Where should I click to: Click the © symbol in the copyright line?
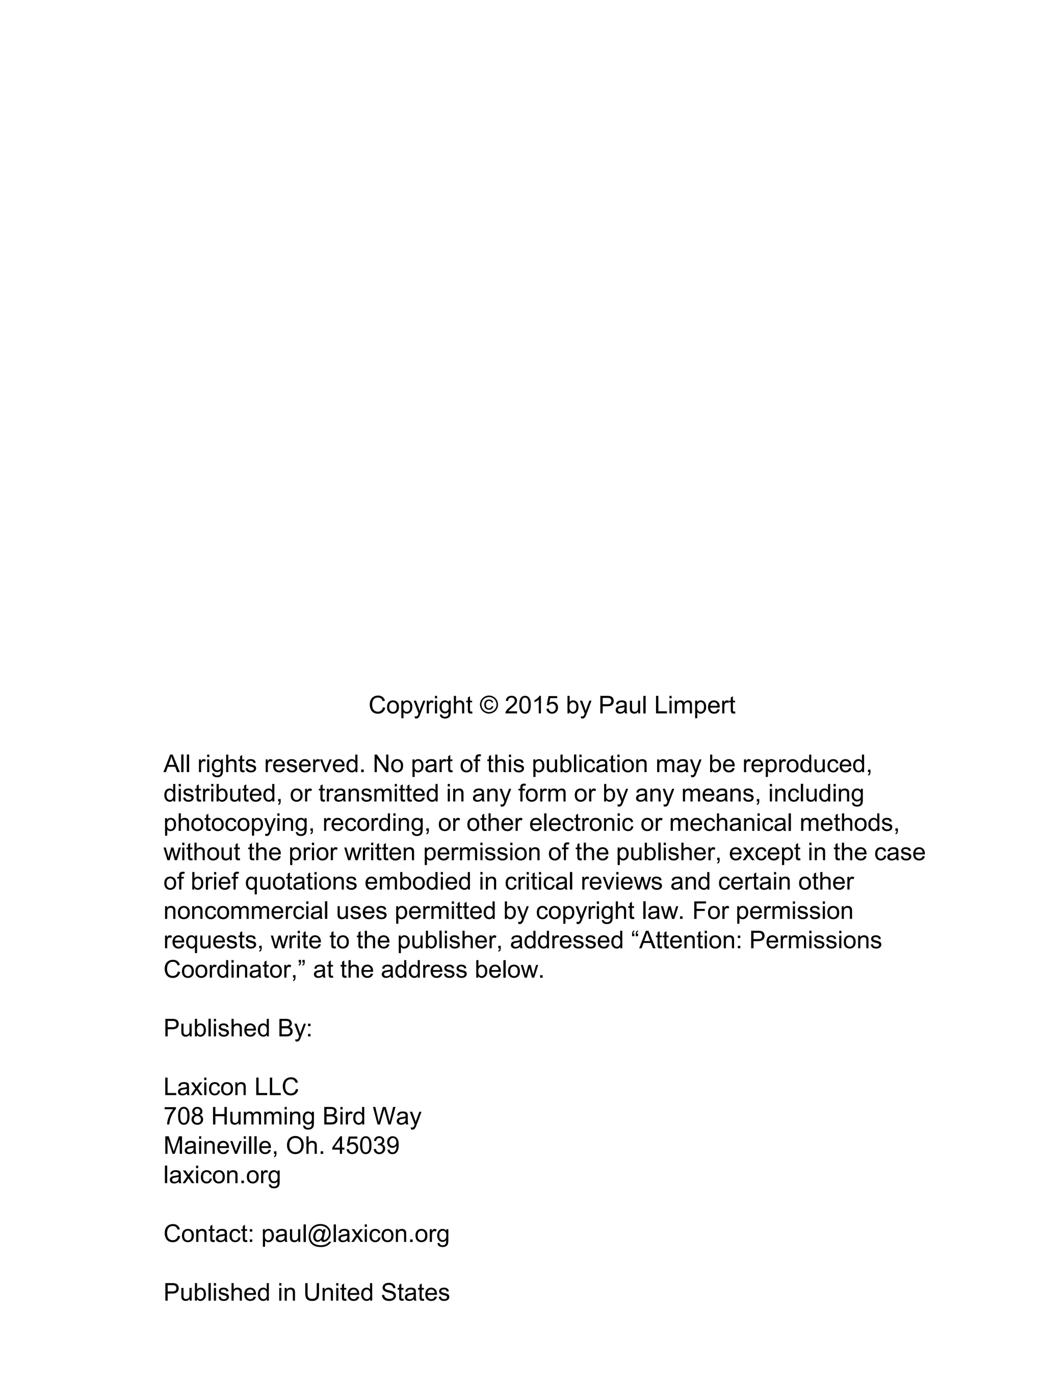pyautogui.click(x=488, y=705)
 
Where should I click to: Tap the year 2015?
pyautogui.click(x=531, y=705)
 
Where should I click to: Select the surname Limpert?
pyautogui.click(x=694, y=705)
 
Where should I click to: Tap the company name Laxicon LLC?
pyautogui.click(x=231, y=1087)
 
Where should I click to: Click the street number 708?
pyautogui.click(x=184, y=1116)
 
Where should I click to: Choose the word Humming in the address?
pyautogui.click(x=263, y=1116)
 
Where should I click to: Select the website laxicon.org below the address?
pyautogui.click(x=222, y=1174)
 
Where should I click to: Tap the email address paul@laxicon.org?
pyautogui.click(x=355, y=1234)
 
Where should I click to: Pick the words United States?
pyautogui.click(x=376, y=1293)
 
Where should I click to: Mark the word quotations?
pyautogui.click(x=301, y=882)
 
